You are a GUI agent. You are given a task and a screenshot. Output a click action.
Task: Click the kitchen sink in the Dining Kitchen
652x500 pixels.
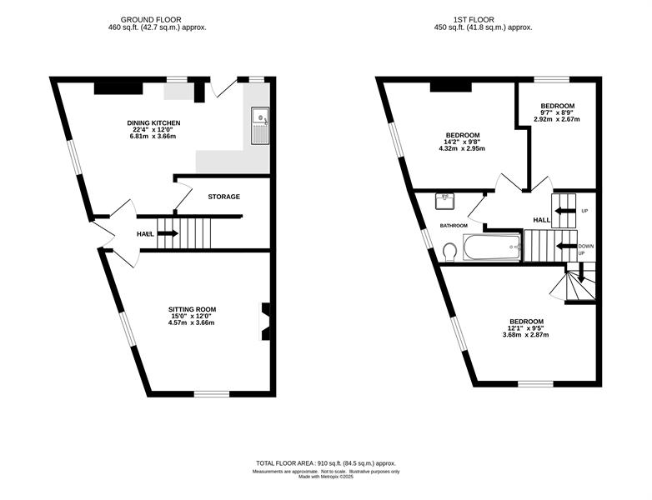pyautogui.click(x=260, y=126)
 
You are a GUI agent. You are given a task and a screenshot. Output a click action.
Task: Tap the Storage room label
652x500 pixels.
pyautogui.click(x=224, y=197)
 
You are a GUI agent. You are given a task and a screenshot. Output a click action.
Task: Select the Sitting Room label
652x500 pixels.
pyautogui.click(x=192, y=309)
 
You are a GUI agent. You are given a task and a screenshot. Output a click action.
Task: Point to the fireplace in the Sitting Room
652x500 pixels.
pyautogui.click(x=265, y=322)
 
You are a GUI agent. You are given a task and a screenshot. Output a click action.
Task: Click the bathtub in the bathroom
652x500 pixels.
pyautogui.click(x=492, y=247)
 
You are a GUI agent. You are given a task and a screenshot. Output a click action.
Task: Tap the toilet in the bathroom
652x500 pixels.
pyautogui.click(x=450, y=252)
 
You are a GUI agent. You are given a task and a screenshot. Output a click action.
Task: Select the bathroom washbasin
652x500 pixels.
pyautogui.click(x=446, y=202)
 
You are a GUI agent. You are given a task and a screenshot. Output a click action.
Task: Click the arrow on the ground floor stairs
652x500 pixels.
pyautogui.click(x=168, y=233)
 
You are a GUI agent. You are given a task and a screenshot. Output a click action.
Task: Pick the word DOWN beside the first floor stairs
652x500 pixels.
pyautogui.click(x=586, y=246)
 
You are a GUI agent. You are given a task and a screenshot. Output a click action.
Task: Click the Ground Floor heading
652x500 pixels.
pyautogui.click(x=151, y=19)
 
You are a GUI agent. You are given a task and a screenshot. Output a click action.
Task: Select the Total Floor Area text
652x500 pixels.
pyautogui.click(x=326, y=463)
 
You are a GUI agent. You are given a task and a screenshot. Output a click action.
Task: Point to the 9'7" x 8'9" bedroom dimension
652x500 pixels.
pyautogui.click(x=557, y=112)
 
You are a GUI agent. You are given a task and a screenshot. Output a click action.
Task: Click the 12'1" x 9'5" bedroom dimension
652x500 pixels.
pyautogui.click(x=525, y=328)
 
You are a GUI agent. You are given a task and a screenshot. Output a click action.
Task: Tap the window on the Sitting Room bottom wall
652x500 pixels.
pyautogui.click(x=212, y=393)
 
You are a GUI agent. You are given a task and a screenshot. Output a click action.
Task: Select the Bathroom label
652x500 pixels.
pyautogui.click(x=454, y=226)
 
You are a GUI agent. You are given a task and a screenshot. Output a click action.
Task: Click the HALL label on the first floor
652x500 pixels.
pyautogui.click(x=542, y=220)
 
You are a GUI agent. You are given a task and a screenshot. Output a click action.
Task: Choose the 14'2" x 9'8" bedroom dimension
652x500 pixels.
pyautogui.click(x=462, y=142)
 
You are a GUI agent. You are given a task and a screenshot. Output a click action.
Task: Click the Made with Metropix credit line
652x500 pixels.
pyautogui.click(x=326, y=477)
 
